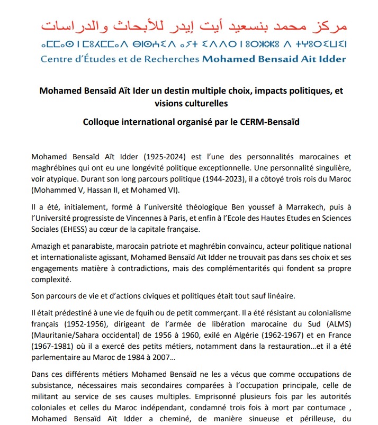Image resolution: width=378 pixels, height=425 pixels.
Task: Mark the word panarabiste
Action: pos(93,247)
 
